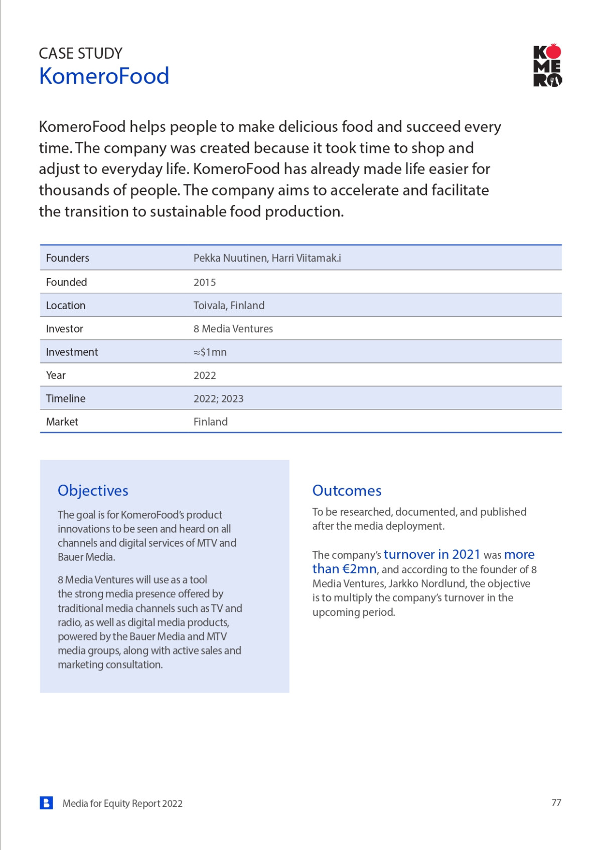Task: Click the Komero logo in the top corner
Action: tap(547, 66)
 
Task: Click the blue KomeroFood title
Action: tap(104, 76)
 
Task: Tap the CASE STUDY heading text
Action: tap(80, 53)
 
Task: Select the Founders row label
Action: tap(67, 258)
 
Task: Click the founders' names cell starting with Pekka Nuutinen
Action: tap(267, 258)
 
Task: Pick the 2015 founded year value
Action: tap(205, 282)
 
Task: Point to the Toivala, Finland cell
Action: tap(229, 305)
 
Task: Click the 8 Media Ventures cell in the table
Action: tap(233, 329)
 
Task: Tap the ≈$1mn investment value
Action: tap(210, 352)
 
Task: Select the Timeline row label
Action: tap(66, 398)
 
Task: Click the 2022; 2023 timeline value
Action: tap(218, 398)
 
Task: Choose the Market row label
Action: tap(62, 421)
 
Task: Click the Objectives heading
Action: tap(93, 490)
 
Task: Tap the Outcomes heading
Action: tap(347, 490)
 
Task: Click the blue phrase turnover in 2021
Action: tap(432, 554)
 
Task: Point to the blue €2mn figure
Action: tap(359, 569)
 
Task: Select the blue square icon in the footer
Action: tap(46, 803)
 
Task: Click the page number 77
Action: tap(556, 802)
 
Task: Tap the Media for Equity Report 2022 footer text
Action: tap(122, 803)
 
